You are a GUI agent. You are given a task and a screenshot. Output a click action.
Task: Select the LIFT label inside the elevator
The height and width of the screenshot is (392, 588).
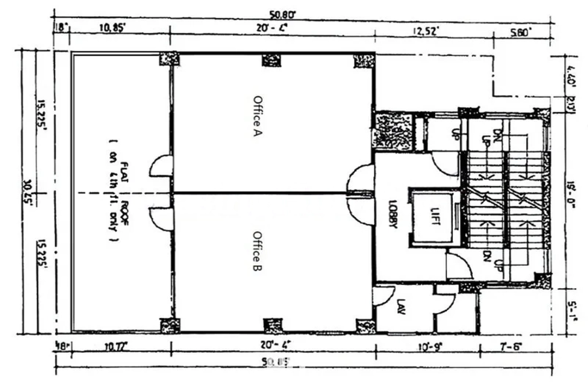tap(432, 216)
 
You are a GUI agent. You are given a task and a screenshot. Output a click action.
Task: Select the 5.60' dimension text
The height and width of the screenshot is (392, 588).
tap(521, 30)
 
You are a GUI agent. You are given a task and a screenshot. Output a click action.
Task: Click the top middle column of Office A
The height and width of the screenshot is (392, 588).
tap(271, 60)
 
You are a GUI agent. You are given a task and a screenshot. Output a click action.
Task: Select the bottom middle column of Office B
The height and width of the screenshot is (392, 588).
tap(271, 325)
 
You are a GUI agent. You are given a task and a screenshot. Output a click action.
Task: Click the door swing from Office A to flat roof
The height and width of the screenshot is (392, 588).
tap(162, 166)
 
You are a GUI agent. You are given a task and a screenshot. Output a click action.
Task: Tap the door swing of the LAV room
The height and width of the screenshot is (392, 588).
tap(384, 296)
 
